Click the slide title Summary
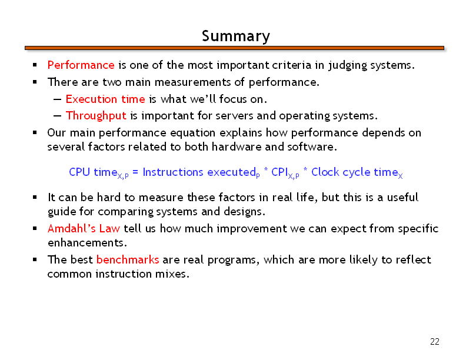tap(236, 36)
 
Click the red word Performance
tap(81, 65)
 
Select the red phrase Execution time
tap(105, 99)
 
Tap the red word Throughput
tap(96, 116)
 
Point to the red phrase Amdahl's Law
tap(84, 228)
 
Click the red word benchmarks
tap(128, 259)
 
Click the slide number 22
tap(434, 342)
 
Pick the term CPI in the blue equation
tap(279, 172)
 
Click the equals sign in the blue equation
tap(135, 172)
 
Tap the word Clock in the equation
tap(325, 172)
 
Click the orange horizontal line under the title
tap(234, 48)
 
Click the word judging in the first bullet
tap(347, 65)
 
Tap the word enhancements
tap(87, 243)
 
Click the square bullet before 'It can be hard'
tap(35, 197)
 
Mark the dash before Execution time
tap(57, 99)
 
